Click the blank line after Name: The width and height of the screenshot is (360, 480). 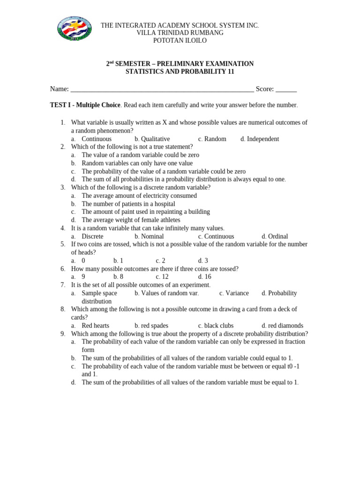tap(162, 90)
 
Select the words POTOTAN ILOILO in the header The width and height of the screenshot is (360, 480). tap(180, 41)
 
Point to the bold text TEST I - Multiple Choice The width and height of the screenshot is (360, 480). tap(85, 105)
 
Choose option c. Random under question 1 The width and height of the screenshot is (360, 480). tap(212, 139)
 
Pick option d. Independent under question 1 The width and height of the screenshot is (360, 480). tap(260, 139)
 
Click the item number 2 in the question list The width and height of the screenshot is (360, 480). tap(63, 147)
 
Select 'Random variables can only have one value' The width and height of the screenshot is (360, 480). tap(137, 163)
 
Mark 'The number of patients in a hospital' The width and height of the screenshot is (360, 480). tap(128, 204)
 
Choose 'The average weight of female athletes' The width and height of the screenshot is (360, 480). tap(130, 220)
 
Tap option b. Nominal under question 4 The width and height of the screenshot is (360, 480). tap(149, 236)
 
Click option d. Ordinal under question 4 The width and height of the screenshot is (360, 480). tap(275, 236)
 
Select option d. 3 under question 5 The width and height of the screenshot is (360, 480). tap(203, 261)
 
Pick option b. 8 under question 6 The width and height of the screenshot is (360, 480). tap(118, 277)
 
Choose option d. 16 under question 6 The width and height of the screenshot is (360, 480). tap(205, 277)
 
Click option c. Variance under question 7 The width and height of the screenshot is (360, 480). tap(234, 293)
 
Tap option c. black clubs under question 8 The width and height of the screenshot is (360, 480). tap(216, 325)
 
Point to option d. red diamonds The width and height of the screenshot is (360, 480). tap(282, 325)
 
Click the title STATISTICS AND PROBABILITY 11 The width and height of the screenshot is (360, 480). tap(180, 72)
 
